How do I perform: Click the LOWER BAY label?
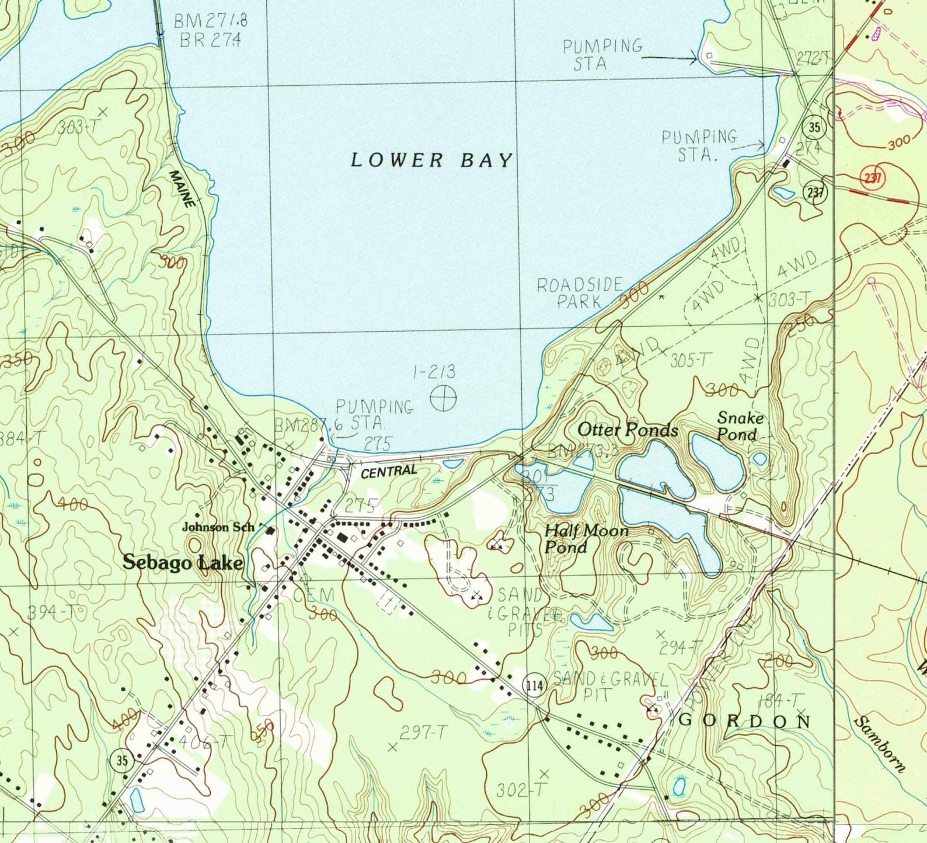point(431,160)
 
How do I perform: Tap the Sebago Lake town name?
point(183,562)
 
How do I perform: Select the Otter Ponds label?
point(628,430)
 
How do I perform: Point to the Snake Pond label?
point(740,426)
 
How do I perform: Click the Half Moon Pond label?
point(586,539)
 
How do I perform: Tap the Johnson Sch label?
point(218,527)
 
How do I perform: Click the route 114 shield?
point(535,685)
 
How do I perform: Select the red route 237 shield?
point(872,177)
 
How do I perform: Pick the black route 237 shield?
point(815,191)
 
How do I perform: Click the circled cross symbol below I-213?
point(443,398)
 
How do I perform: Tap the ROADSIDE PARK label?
point(580,293)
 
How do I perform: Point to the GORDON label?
point(744,720)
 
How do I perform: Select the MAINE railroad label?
point(182,189)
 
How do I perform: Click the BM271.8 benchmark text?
point(211,21)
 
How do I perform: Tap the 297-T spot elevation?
point(424,732)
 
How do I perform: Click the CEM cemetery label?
point(315,595)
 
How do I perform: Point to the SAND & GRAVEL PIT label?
point(610,686)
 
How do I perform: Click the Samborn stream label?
point(879,744)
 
